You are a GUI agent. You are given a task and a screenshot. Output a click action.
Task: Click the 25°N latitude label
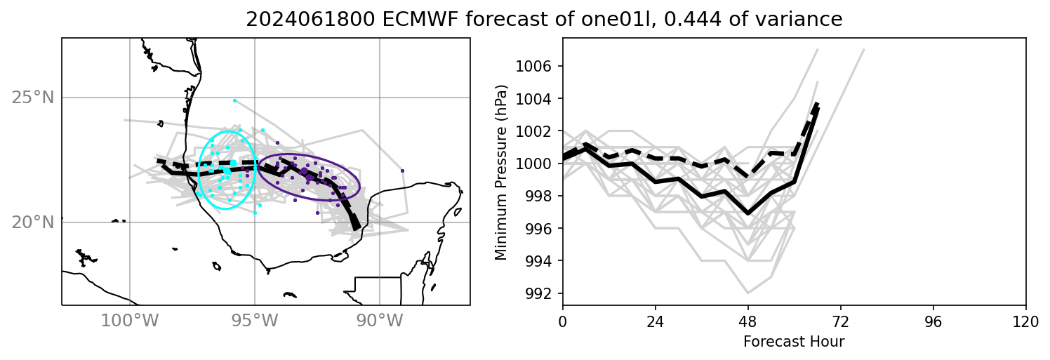tap(33, 98)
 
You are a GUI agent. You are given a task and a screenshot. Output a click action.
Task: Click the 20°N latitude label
tap(33, 222)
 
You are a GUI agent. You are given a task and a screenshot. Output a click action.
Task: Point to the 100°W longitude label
tap(130, 321)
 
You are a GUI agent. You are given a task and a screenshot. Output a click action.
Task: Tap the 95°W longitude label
tap(255, 321)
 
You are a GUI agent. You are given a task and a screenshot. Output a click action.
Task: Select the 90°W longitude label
tap(380, 321)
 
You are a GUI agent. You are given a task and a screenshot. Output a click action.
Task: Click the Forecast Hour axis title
tap(794, 342)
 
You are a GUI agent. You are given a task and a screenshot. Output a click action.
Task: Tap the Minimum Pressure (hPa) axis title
tap(501, 172)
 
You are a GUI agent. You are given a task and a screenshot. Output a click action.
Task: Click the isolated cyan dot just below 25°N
tap(234, 100)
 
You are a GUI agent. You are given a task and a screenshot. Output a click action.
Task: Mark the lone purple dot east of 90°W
tap(402, 171)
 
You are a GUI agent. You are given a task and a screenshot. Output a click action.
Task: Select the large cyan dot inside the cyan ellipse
tap(233, 164)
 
